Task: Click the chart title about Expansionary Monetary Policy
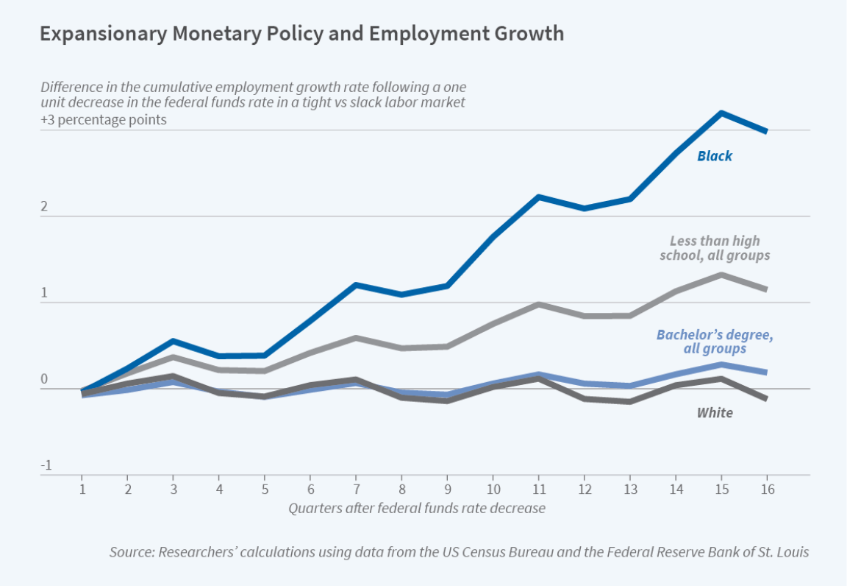pyautogui.click(x=301, y=34)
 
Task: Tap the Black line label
pyautogui.click(x=715, y=156)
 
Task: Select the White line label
pyautogui.click(x=715, y=412)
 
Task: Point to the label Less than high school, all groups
pyautogui.click(x=715, y=248)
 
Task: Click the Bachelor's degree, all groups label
pyautogui.click(x=715, y=342)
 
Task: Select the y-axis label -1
pyautogui.click(x=46, y=465)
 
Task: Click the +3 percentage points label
pyautogui.click(x=104, y=120)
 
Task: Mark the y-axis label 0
pyautogui.click(x=44, y=380)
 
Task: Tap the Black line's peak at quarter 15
pyautogui.click(x=722, y=113)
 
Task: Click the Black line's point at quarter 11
pyautogui.click(x=539, y=197)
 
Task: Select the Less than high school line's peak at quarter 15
pyautogui.click(x=722, y=275)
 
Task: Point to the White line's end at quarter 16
pyautogui.click(x=766, y=398)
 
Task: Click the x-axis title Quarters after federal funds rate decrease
pyautogui.click(x=417, y=508)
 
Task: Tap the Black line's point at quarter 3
pyautogui.click(x=174, y=341)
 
